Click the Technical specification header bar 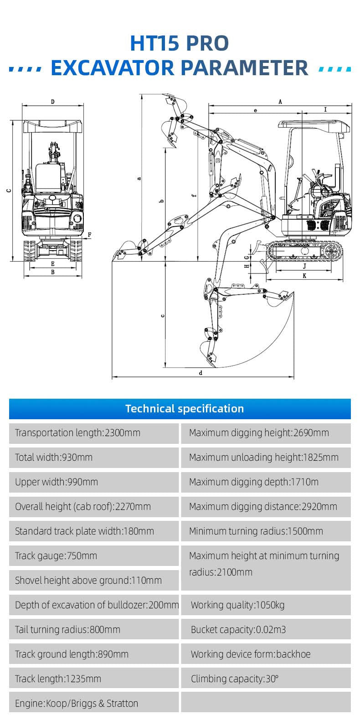tap(180, 408)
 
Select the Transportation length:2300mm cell tap(94, 433)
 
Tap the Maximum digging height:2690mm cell tap(266, 433)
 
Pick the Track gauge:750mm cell tap(94, 555)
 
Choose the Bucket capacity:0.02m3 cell tap(266, 629)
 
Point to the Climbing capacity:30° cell tap(266, 679)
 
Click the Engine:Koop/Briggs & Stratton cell tap(94, 703)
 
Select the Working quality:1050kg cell tap(266, 605)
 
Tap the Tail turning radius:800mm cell tap(94, 629)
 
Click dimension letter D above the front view tap(53, 102)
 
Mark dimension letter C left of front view tap(9, 191)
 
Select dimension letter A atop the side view tap(280, 102)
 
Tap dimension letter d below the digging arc tap(201, 373)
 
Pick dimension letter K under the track tap(304, 276)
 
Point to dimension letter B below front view tap(53, 272)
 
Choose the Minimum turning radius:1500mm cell tap(266, 531)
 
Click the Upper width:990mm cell tap(94, 482)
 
